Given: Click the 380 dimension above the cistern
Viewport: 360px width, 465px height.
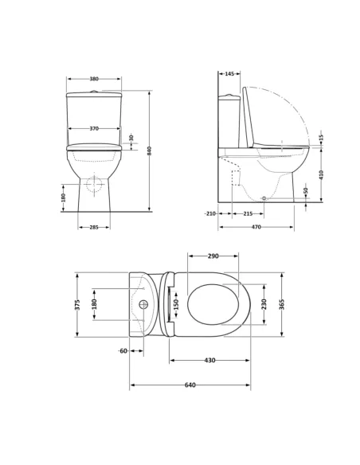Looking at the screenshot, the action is (94, 79).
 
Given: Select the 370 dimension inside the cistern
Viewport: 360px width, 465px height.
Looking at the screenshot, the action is (94, 129).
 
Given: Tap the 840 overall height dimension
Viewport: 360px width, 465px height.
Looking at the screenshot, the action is (150, 151).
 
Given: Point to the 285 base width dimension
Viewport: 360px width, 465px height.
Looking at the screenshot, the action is (94, 228).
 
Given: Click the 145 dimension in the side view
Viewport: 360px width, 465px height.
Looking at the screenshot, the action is (229, 73).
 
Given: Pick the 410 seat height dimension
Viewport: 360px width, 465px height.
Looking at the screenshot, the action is (322, 174).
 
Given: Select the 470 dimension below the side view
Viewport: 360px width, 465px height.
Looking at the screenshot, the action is (256, 227).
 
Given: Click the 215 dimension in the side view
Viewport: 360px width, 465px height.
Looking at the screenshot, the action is (248, 213).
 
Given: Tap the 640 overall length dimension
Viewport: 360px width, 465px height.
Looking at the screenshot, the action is (190, 385).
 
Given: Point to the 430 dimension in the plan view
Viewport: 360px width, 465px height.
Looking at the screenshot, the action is (210, 361).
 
